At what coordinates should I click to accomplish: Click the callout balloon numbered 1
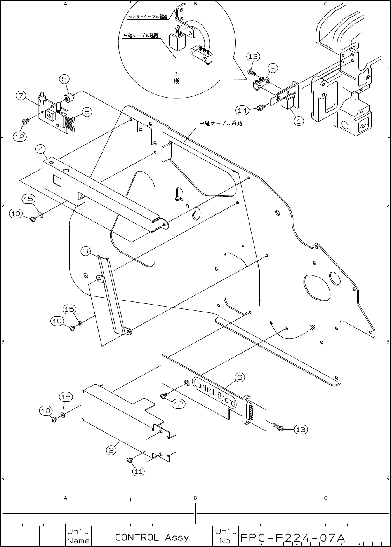click(298, 121)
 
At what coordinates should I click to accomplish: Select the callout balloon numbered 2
click(111, 450)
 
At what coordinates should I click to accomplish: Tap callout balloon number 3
click(86, 251)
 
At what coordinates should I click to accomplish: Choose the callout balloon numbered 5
click(65, 79)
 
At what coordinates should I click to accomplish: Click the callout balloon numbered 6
click(240, 377)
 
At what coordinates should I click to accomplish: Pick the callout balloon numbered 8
click(87, 112)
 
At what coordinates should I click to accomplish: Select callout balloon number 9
click(273, 68)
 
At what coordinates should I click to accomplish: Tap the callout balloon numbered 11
click(139, 471)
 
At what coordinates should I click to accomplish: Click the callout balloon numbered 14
click(242, 110)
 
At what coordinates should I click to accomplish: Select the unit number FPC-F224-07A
click(292, 538)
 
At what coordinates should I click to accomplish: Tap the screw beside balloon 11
click(130, 460)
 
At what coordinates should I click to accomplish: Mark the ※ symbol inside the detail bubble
click(176, 82)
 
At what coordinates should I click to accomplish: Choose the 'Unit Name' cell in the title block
click(78, 536)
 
